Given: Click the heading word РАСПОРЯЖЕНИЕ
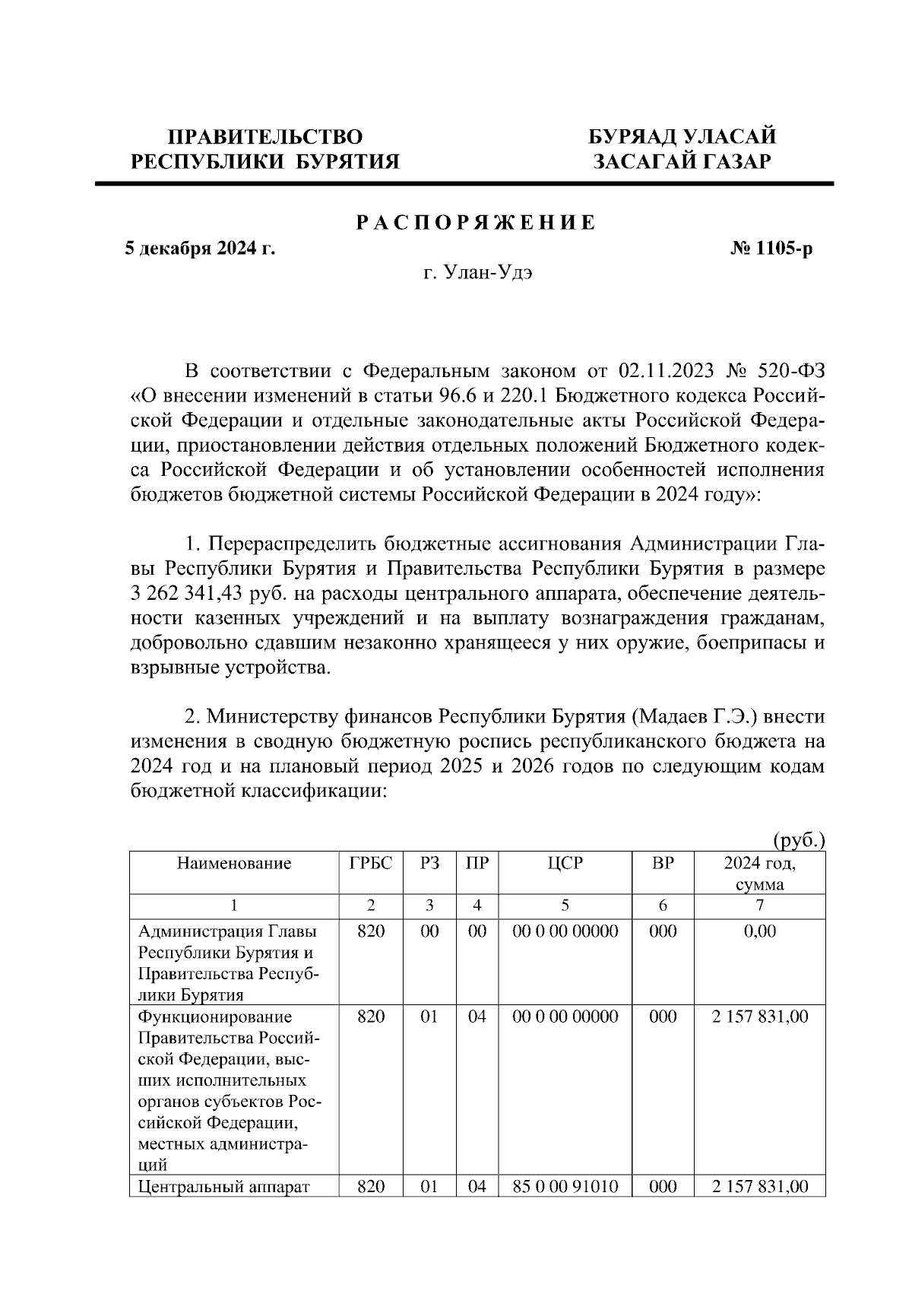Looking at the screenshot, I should pyautogui.click(x=477, y=224).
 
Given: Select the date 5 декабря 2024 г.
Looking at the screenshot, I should pyautogui.click(x=200, y=249).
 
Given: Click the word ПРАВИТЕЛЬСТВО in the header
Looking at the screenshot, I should pyautogui.click(x=265, y=137).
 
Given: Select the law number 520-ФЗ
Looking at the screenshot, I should pyautogui.click(x=791, y=372).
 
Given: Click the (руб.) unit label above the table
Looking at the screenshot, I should pyautogui.click(x=799, y=840).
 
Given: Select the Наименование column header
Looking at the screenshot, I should pyautogui.click(x=234, y=863).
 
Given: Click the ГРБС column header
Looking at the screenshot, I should pyautogui.click(x=371, y=863).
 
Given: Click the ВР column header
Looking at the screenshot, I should pyautogui.click(x=663, y=863).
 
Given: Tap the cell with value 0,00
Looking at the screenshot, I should pyautogui.click(x=760, y=931).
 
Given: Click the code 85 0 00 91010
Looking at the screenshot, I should pyautogui.click(x=565, y=1187).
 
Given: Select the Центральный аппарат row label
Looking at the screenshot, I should pyautogui.click(x=224, y=1187).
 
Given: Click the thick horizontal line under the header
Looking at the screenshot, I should pyautogui.click(x=464, y=183).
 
